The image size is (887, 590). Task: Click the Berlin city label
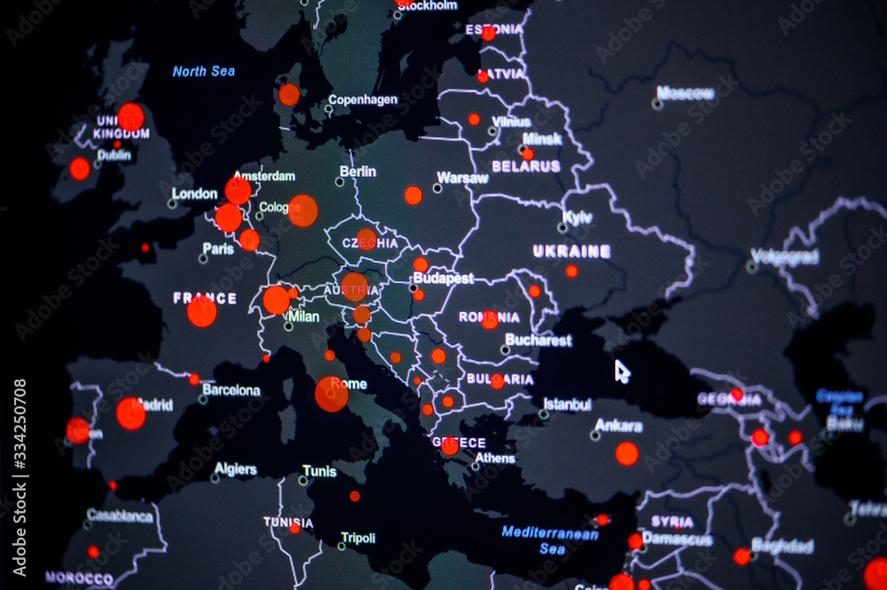pos(357,171)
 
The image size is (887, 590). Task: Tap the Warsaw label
pos(463,177)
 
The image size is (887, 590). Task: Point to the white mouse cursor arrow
pos(622,371)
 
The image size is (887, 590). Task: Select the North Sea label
pos(203,71)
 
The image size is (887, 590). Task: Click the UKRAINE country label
pos(571,251)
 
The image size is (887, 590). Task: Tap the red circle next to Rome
pos(332,394)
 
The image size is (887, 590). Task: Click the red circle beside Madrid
pos(131,413)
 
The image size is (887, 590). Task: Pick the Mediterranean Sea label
pos(550,539)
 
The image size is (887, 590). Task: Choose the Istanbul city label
pos(567,405)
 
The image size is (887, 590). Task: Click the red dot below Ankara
pos(627,453)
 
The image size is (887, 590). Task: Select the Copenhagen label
pos(363,99)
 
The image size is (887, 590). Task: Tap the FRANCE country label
pos(205,298)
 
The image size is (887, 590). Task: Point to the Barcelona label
pos(232,389)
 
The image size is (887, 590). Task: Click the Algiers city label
pos(236,469)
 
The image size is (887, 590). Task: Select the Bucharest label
pos(538,340)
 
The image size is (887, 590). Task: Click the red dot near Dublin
pos(80,169)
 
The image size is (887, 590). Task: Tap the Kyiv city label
pos(577,217)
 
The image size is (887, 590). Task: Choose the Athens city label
pos(495,459)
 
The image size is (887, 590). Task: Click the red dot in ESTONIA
pos(489,34)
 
